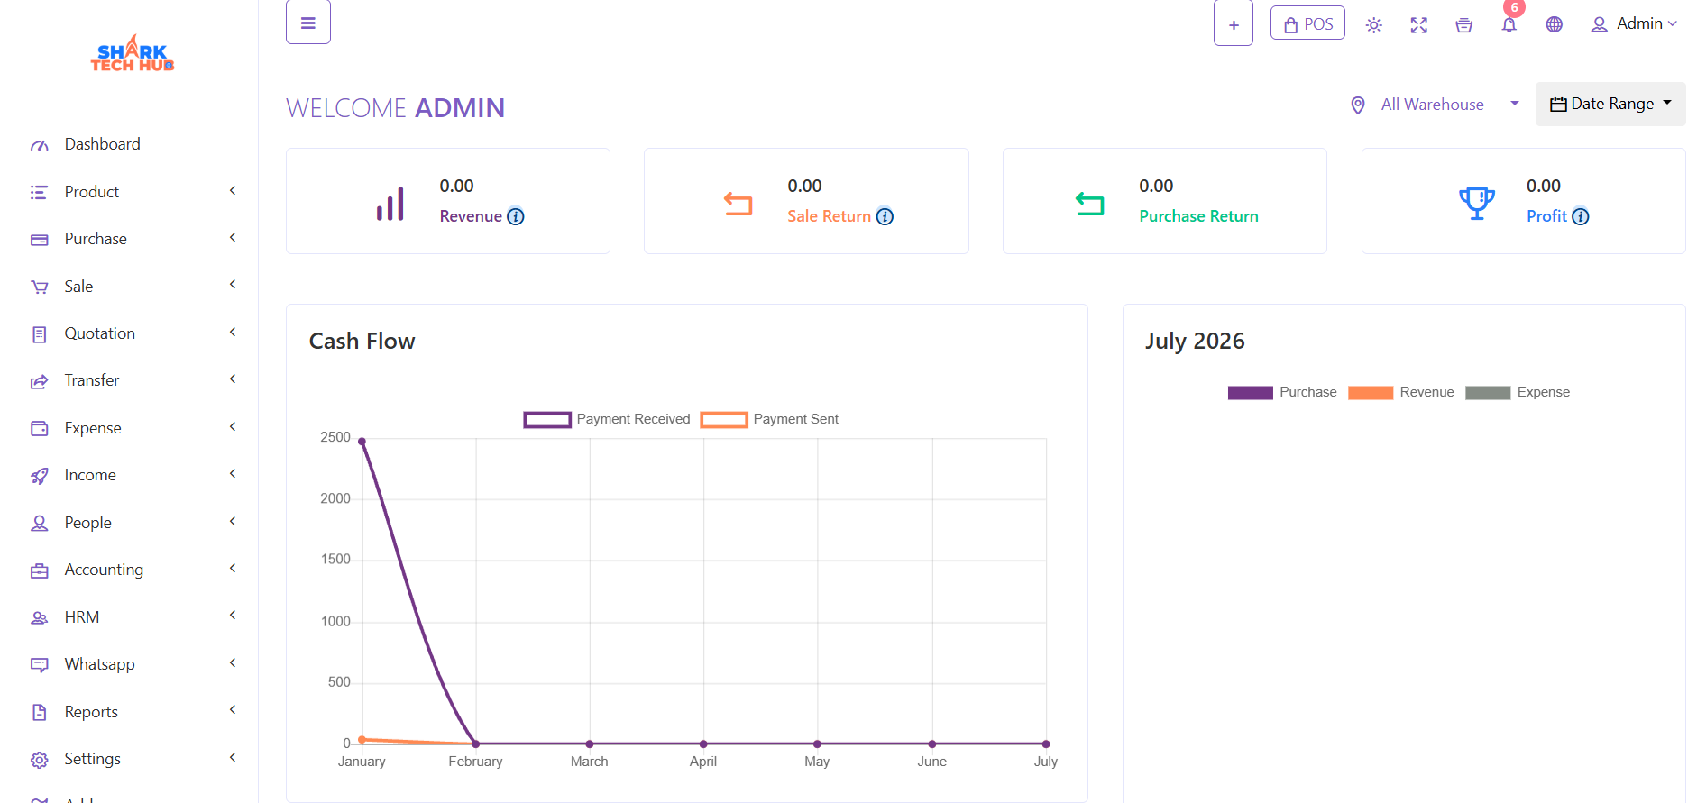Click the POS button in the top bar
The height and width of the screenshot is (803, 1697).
(1307, 23)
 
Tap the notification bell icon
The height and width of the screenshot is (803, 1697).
(1509, 24)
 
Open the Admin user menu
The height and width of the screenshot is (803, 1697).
(1634, 24)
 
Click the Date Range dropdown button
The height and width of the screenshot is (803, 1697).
(1610, 105)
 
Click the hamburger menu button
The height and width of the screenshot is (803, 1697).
(308, 23)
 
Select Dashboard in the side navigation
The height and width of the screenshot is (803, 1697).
(103, 144)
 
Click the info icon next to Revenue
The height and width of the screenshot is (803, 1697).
(516, 216)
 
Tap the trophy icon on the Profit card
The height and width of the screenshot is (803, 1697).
(1477, 203)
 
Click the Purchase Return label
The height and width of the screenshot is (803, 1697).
(1198, 216)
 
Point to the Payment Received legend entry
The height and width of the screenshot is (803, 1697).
(607, 419)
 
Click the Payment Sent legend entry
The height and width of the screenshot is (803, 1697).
(769, 419)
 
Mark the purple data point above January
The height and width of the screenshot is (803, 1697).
(362, 442)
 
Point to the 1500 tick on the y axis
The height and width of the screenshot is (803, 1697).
(335, 560)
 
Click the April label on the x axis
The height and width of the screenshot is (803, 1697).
(703, 762)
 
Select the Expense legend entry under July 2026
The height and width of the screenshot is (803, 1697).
(1518, 392)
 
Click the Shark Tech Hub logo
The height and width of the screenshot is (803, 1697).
(133, 54)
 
